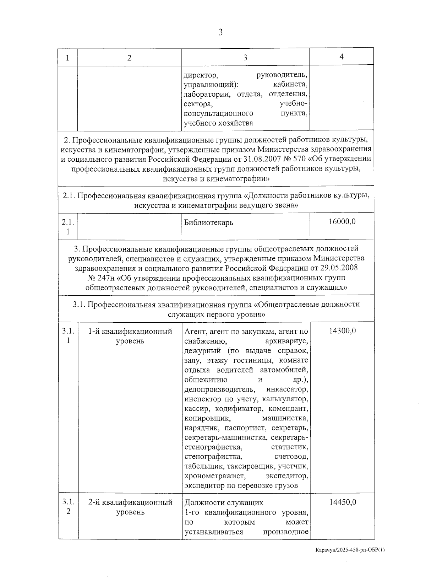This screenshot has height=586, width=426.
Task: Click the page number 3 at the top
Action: pyautogui.click(x=220, y=33)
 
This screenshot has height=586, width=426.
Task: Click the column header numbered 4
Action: pyautogui.click(x=342, y=57)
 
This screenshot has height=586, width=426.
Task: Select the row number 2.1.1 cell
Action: pyautogui.click(x=68, y=227)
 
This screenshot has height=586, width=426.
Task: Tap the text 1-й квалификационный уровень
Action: pyautogui.click(x=130, y=336)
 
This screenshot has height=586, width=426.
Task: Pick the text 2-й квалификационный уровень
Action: pyautogui.click(x=130, y=507)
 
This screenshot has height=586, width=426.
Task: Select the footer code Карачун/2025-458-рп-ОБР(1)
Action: pyautogui.click(x=350, y=560)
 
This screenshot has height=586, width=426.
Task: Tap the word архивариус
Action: pyautogui.click(x=286, y=341)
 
